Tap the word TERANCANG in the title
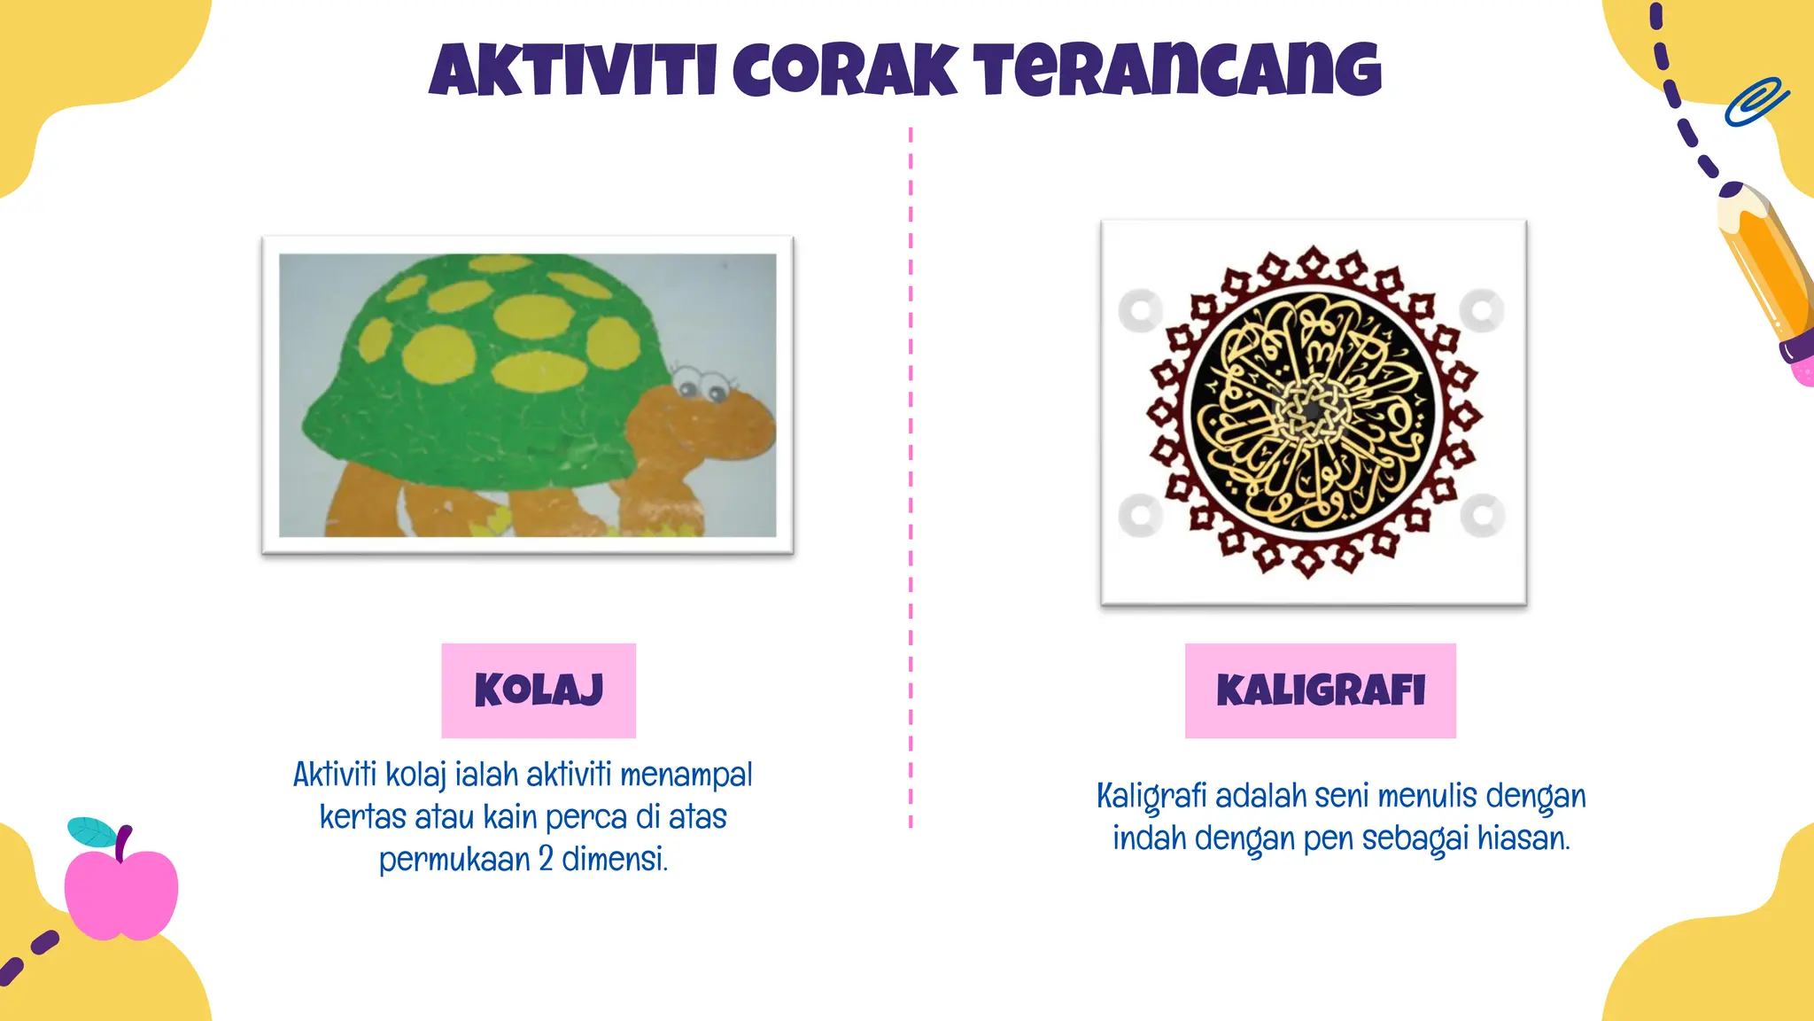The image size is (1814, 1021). tap(1178, 71)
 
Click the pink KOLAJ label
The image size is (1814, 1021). tap(539, 690)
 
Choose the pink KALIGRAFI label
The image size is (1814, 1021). tap(1320, 690)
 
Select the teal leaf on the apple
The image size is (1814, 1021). tap(91, 831)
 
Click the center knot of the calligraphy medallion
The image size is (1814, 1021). tap(1313, 411)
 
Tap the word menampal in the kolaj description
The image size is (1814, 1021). tap(686, 775)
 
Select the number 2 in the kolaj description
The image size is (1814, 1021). tap(546, 859)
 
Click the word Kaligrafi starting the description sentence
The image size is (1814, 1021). tap(1151, 796)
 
